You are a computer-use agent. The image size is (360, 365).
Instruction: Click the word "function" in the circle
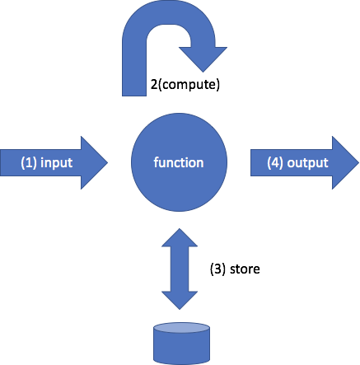point(179,162)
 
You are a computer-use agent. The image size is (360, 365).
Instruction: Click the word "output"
point(310,162)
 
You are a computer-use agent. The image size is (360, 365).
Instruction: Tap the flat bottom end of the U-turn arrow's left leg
point(135,92)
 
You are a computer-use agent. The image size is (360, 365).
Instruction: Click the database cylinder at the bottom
point(180,344)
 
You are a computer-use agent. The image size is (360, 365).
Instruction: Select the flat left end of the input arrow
point(3,162)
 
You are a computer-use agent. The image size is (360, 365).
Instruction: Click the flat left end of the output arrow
point(254,162)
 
